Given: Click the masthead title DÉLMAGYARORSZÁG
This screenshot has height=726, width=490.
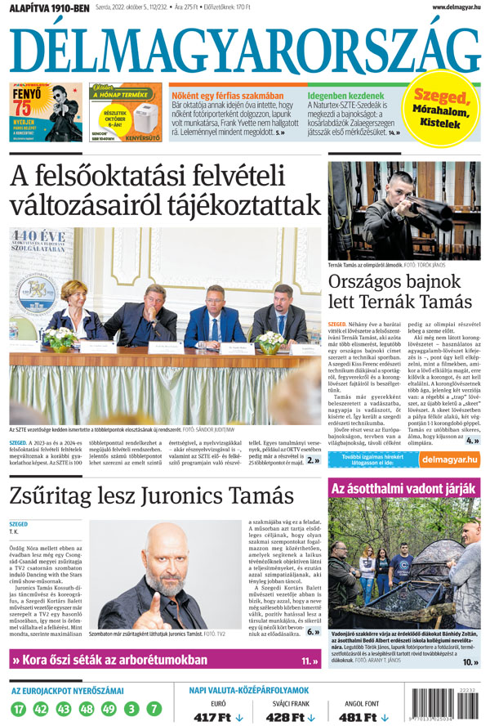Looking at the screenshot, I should pos(245,48).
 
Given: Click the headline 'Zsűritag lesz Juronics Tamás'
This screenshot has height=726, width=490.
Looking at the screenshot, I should pos(152,495).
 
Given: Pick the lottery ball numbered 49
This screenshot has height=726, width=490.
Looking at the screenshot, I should pos(109,709).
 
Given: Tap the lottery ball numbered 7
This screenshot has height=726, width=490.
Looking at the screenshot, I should pos(154,709).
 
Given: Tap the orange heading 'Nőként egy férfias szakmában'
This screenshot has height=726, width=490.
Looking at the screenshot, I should pos(227,95).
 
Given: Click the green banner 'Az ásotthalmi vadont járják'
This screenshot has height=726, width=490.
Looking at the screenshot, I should pos(403,488).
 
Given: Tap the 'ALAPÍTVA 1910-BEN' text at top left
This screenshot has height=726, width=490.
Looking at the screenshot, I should pos(45,7).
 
